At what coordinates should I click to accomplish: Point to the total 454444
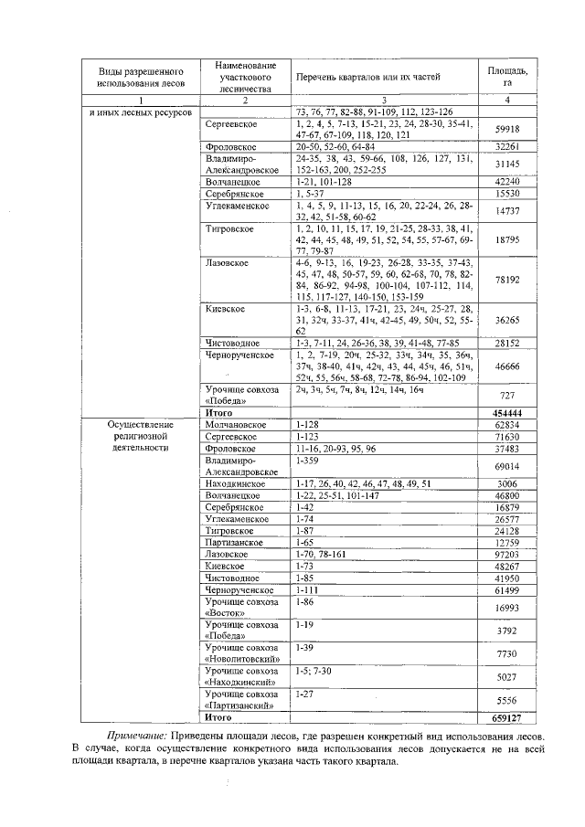(506, 413)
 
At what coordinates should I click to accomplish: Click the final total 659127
(506, 718)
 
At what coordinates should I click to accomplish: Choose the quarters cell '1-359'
(306, 461)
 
